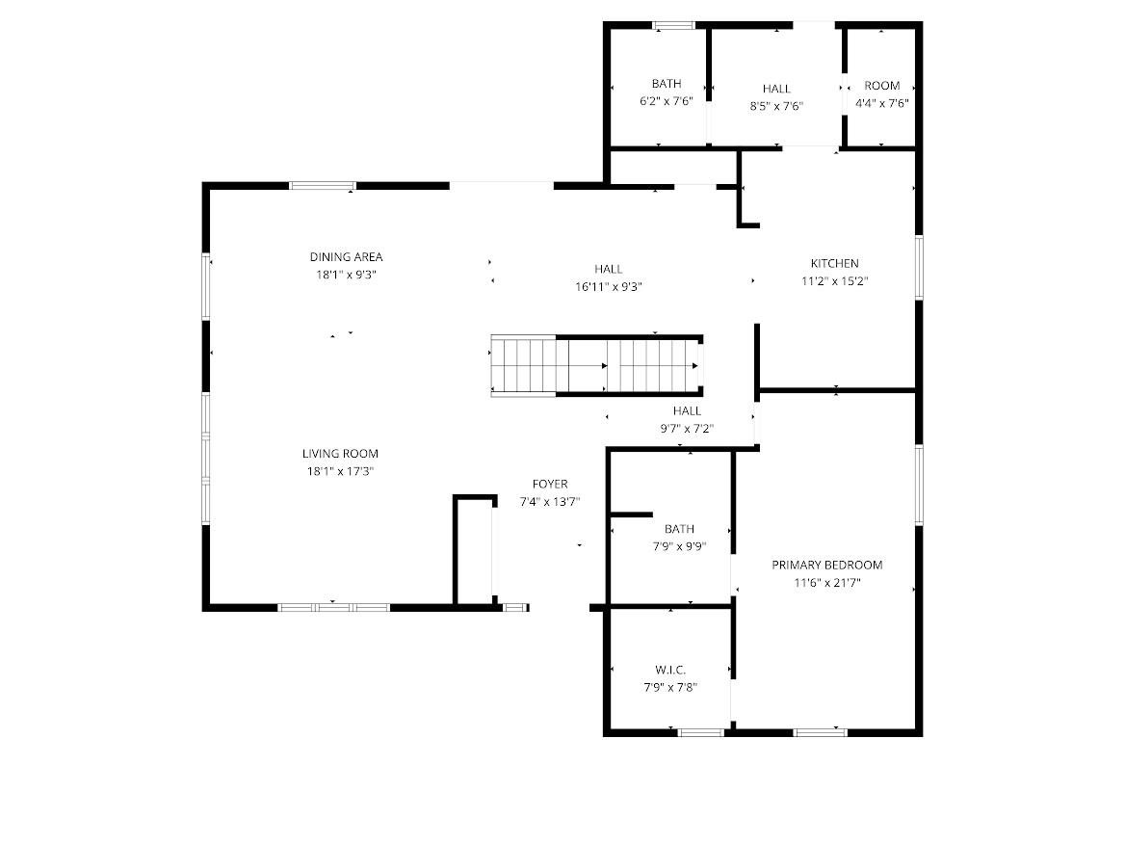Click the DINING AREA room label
tap(346, 256)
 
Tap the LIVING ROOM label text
tap(340, 453)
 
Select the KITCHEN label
tap(834, 263)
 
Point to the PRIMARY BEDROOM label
tap(826, 565)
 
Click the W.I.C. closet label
tap(670, 670)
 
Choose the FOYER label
tap(550, 484)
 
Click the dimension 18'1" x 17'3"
tap(340, 471)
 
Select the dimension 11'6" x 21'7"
tap(826, 583)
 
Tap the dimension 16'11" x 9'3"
tap(608, 286)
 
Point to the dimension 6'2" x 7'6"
tap(666, 101)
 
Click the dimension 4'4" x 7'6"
tap(881, 103)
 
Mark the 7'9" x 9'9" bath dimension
tap(679, 546)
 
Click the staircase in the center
tap(595, 365)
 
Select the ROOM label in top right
tap(881, 86)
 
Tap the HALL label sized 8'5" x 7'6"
tap(776, 89)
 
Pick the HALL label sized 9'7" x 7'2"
tap(687, 410)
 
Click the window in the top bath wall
tap(673, 25)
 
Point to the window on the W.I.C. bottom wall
tap(700, 732)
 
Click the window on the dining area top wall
tap(323, 186)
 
